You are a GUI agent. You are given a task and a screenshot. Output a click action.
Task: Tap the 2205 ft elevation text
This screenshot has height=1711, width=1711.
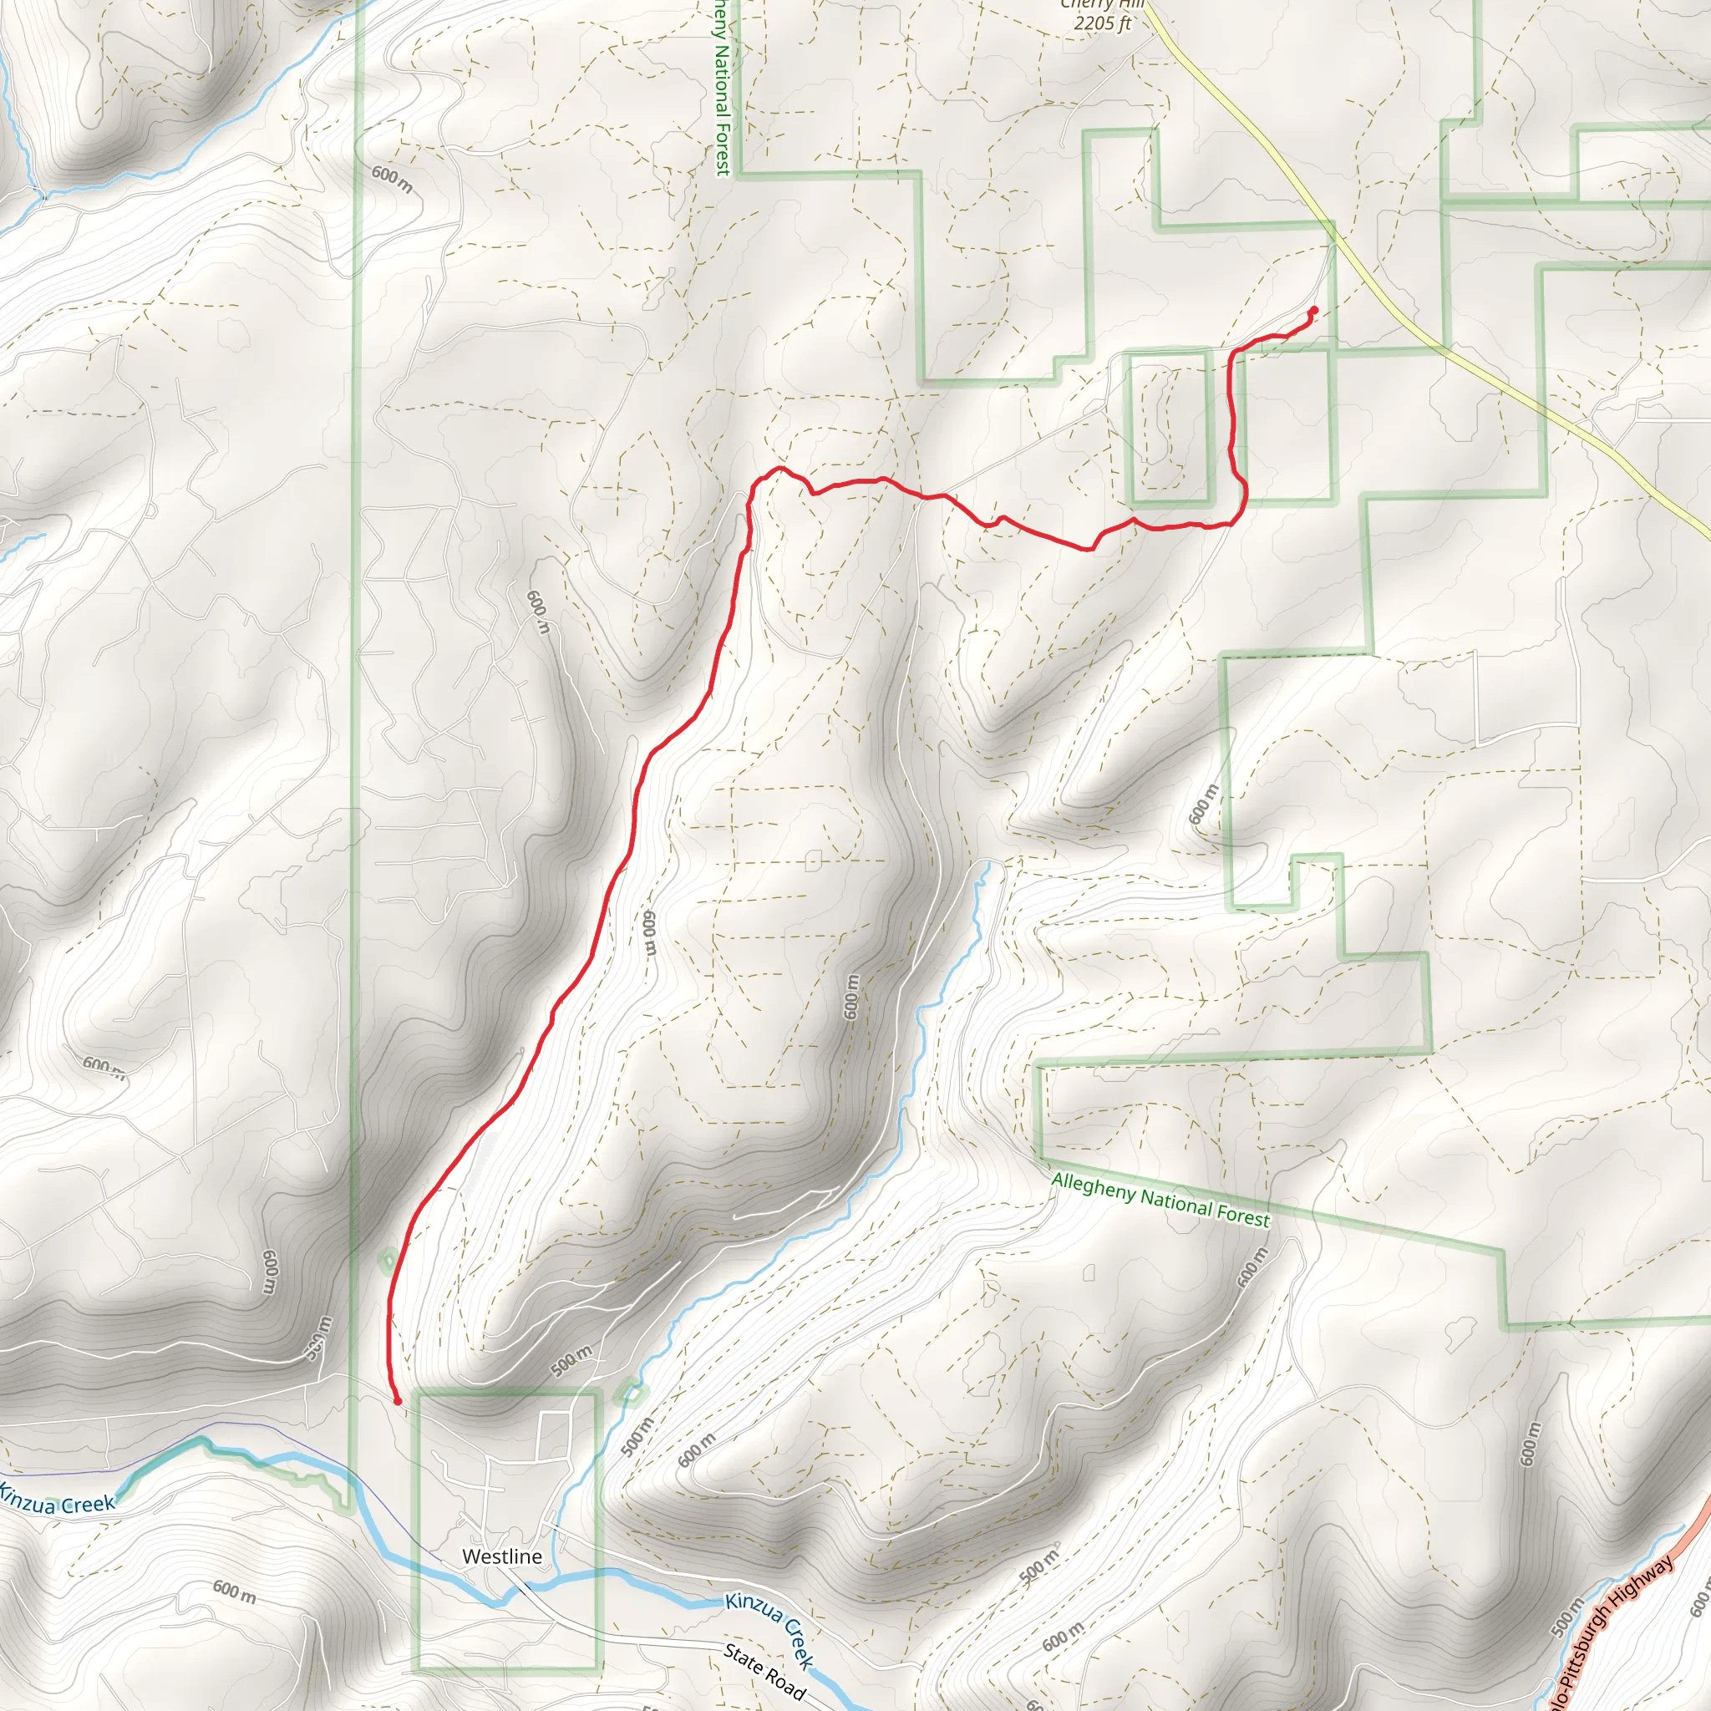coord(1102,23)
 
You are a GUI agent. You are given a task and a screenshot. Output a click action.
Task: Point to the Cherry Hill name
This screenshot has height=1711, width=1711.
coord(1102,4)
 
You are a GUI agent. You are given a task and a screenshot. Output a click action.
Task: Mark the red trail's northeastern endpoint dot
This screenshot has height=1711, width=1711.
coord(1313,310)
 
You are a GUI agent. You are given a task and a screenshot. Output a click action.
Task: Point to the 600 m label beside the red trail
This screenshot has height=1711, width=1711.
coord(649,932)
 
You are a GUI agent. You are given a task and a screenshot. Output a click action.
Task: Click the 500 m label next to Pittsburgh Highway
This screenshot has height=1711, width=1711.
coord(1566,1617)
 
